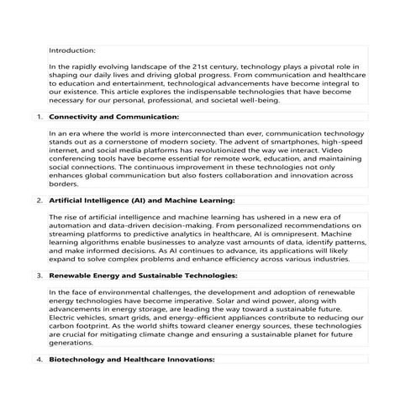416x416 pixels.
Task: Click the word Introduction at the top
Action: coord(72,50)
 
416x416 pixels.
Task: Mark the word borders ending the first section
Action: coord(64,184)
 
